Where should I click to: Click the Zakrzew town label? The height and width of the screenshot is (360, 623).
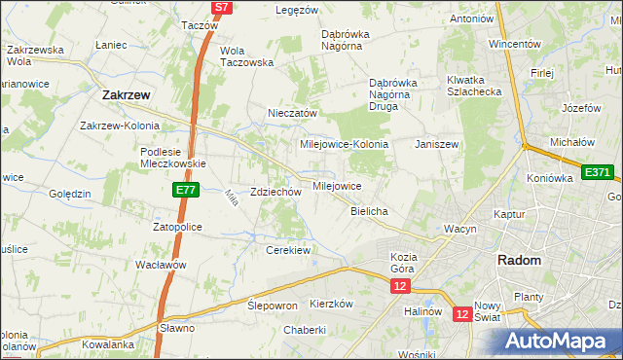click(125, 95)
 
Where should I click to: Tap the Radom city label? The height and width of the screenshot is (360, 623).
click(520, 260)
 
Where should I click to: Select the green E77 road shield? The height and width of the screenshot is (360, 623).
click(188, 191)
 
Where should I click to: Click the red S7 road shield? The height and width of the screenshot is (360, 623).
click(222, 7)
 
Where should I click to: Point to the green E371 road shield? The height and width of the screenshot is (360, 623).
click(598, 172)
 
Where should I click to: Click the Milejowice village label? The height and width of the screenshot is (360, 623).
click(337, 185)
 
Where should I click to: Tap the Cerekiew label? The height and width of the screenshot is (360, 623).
click(287, 250)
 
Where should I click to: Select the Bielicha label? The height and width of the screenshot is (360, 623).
click(370, 211)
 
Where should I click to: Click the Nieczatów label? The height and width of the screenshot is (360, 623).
click(293, 113)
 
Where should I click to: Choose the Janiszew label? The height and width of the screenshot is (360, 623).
click(436, 143)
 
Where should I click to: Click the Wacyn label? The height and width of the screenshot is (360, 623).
click(459, 229)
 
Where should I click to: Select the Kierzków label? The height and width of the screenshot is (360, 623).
click(329, 304)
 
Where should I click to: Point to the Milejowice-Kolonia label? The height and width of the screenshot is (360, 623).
click(345, 143)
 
